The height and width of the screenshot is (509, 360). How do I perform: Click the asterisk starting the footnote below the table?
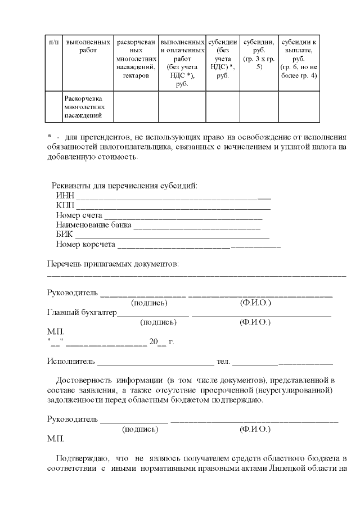coord(50,137)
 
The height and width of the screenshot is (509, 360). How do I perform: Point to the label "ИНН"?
coord(65,195)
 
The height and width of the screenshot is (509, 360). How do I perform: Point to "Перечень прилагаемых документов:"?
coord(112,264)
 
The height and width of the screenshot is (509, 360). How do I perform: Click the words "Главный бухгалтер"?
coord(82,312)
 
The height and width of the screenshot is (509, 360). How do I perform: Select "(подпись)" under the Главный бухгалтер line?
coord(158,322)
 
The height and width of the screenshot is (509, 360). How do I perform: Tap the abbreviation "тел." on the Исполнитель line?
coord(224,361)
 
